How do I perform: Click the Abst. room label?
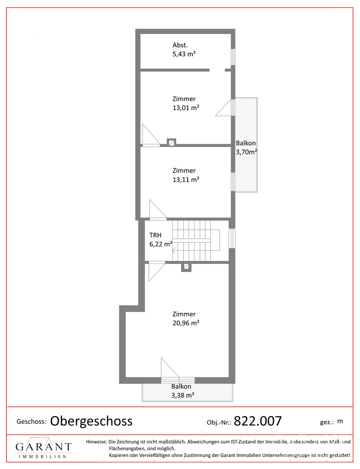point(180,45)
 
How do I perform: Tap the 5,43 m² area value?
point(184,54)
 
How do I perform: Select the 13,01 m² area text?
point(186,108)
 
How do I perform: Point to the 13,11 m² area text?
point(186,179)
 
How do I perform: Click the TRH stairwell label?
point(155,235)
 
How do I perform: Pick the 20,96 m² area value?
point(186,323)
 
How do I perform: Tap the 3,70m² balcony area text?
point(247,152)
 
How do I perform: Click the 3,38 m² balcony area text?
point(183,395)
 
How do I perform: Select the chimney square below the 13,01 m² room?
point(171,142)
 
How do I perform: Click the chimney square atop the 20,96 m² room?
point(186,267)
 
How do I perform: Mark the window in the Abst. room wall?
point(233,57)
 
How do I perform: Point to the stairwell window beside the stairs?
point(232,238)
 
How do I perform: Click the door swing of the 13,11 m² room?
point(158,210)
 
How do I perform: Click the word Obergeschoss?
point(91,421)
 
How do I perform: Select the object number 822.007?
point(258,421)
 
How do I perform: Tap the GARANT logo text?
point(44,447)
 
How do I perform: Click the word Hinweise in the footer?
point(96,441)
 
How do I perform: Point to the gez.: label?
point(327,423)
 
